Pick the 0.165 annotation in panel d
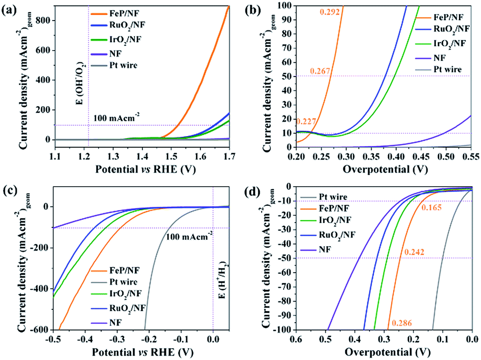(432, 208)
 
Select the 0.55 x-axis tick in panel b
(470, 155)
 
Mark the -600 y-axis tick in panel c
(40, 329)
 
